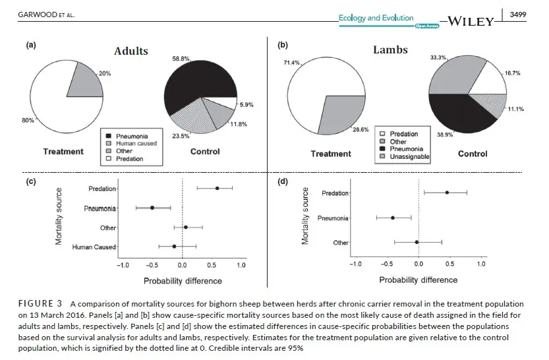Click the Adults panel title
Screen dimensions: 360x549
tap(130, 51)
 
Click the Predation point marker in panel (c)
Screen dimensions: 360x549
tap(217, 188)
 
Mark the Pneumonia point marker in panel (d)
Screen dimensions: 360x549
tap(392, 218)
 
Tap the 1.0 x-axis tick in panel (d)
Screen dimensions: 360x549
tap(480, 264)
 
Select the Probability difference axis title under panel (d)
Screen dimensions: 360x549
tap(419, 280)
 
